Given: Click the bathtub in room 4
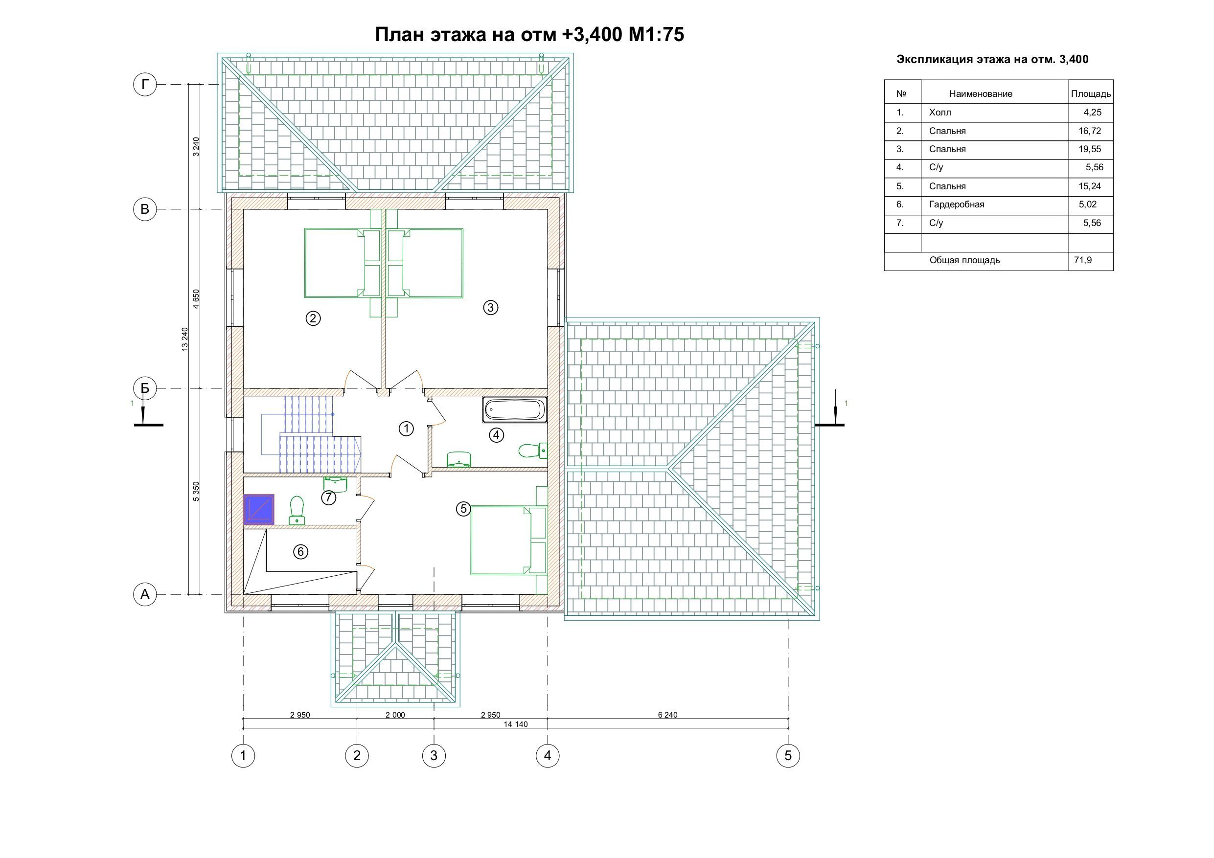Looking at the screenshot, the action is point(514,410).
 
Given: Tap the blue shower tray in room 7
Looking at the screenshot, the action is point(258,510).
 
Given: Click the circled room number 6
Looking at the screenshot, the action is point(300,552).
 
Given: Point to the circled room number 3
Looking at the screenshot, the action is point(491,307).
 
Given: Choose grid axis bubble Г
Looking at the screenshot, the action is point(145,85).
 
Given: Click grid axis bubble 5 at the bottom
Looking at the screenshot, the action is point(788,755).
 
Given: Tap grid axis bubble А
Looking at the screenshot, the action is point(145,594).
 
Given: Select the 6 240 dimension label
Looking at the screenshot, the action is point(668,715).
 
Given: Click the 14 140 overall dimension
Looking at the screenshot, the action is point(516,724).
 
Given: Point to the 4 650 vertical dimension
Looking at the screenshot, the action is point(196,299).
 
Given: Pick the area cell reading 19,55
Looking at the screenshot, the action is point(1090,149).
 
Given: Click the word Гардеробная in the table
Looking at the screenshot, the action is point(957,204).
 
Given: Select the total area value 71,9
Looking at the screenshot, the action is point(1083,260).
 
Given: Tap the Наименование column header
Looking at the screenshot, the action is point(981,94).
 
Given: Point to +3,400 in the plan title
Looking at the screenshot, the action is point(592,35).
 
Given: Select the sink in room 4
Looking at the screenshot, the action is point(459,459).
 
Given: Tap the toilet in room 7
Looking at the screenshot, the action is point(297,510).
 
